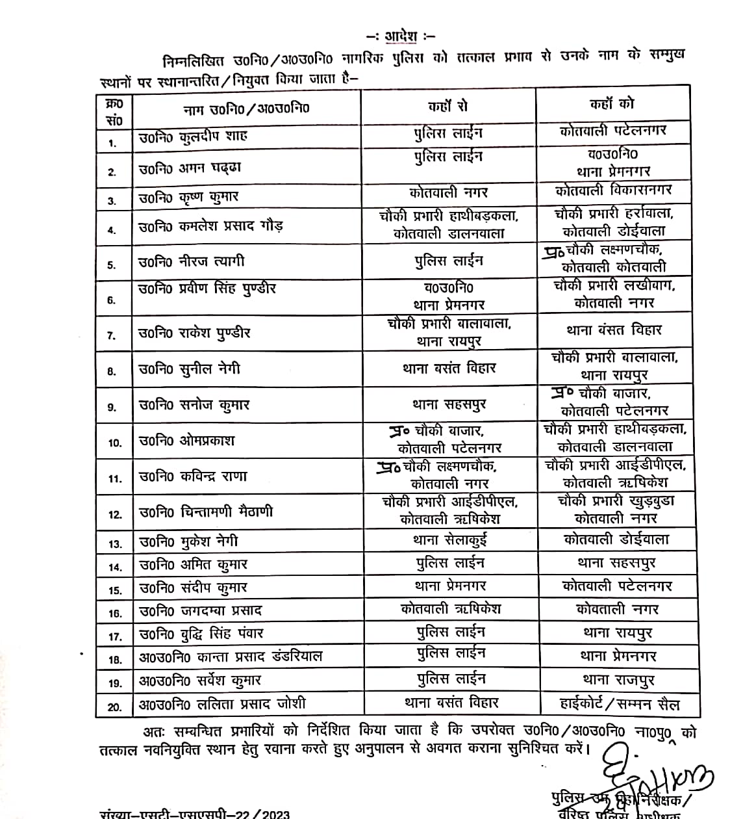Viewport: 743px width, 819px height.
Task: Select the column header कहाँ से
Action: (x=448, y=106)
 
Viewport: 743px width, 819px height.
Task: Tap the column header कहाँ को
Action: (x=612, y=104)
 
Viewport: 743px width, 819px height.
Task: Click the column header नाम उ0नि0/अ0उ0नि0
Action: (x=246, y=108)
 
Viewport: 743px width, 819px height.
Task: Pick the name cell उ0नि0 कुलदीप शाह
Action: (x=194, y=137)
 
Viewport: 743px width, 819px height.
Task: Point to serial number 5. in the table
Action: (x=112, y=265)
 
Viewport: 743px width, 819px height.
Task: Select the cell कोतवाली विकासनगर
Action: (x=614, y=191)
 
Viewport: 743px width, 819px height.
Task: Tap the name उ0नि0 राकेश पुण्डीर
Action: (x=194, y=333)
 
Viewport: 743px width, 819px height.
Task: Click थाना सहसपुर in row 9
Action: (x=449, y=404)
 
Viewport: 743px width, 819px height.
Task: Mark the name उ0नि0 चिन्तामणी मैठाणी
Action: (x=206, y=512)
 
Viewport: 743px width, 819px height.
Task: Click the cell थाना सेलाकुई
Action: (x=449, y=539)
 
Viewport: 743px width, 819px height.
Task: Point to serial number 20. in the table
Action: (x=114, y=707)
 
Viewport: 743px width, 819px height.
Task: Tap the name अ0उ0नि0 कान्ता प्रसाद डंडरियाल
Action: (x=231, y=656)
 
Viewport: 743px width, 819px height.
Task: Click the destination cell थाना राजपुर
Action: (x=618, y=680)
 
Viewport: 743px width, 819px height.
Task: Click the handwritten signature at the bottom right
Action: (x=656, y=777)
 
